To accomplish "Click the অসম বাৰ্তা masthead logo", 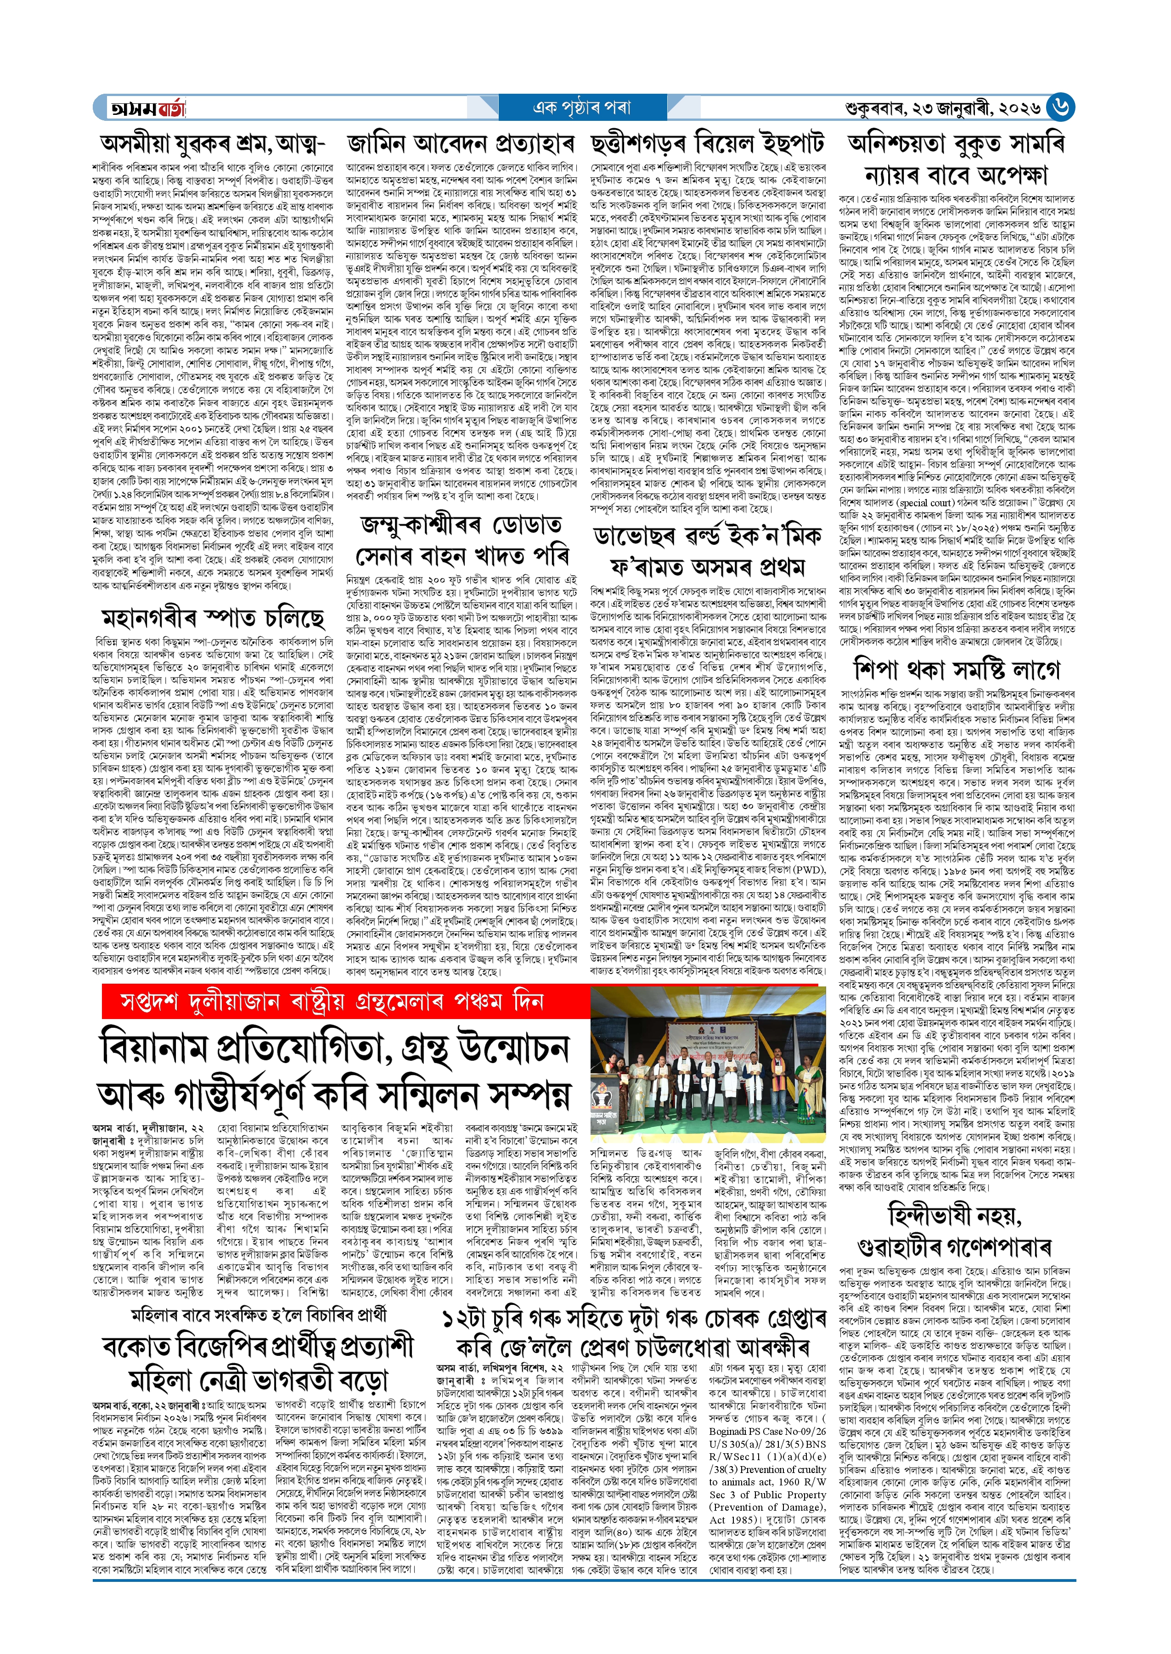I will click(146, 108).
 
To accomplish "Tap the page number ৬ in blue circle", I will click(1060, 108).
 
